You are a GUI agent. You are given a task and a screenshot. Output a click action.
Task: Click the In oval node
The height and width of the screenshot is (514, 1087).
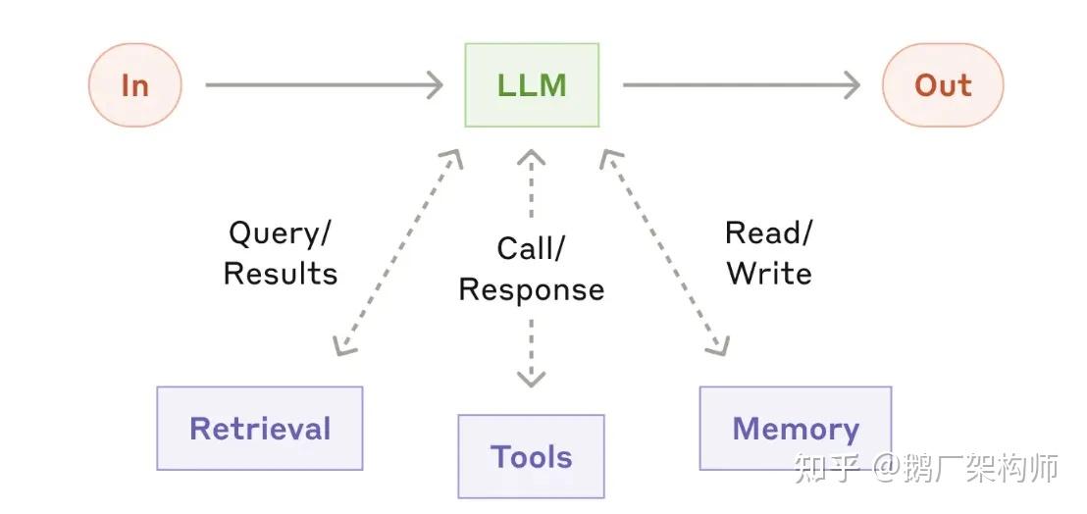pos(135,85)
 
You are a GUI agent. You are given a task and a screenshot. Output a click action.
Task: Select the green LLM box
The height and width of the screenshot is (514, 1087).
pos(532,85)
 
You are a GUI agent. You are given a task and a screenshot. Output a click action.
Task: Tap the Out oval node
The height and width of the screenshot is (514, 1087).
pos(943,85)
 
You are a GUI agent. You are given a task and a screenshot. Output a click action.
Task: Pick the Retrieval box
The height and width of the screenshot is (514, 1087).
pos(260,428)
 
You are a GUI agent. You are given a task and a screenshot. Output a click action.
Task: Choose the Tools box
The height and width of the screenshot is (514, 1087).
pos(531,456)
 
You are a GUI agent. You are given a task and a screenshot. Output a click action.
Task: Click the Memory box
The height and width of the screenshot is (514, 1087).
pos(796,428)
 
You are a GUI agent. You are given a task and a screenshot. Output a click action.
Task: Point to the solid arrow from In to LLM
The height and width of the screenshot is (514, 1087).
pos(325,85)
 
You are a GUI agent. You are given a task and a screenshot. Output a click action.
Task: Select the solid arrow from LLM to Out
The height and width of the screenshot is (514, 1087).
pos(742,85)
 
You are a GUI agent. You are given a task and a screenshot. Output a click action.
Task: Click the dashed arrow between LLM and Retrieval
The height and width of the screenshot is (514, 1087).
pos(398,252)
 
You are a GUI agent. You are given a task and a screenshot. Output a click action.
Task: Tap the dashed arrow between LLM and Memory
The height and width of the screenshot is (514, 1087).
pos(664,252)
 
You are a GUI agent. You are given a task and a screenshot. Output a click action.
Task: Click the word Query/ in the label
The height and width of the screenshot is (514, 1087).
pos(280,234)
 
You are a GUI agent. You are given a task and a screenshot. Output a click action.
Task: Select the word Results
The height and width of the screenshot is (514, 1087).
pos(280,274)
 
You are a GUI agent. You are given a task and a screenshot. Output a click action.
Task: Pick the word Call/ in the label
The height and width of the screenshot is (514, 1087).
pos(531,249)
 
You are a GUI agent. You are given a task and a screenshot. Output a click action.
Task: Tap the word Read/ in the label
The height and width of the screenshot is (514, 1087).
pos(768,233)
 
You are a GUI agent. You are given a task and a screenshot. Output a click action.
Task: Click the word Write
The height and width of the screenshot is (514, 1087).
pos(769,273)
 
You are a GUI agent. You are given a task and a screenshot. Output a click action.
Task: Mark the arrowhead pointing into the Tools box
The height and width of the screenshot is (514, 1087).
pos(531,379)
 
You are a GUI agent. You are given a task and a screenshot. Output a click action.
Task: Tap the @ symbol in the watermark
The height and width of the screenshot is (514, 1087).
pos(886,469)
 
